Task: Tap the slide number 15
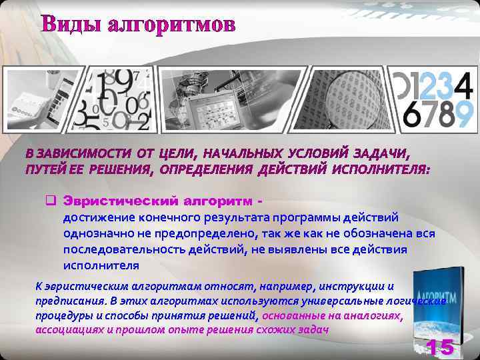click(x=440, y=347)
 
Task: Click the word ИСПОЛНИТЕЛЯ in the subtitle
click(x=389, y=169)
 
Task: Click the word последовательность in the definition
click(x=121, y=249)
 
